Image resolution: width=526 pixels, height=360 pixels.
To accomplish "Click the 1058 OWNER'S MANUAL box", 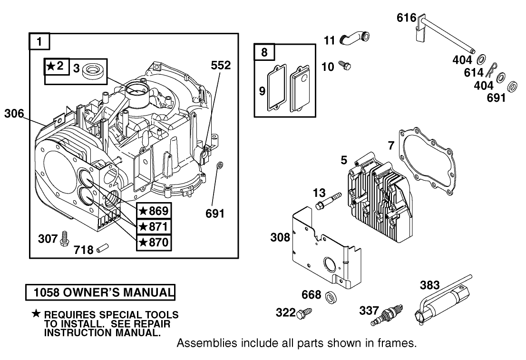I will point(100,292).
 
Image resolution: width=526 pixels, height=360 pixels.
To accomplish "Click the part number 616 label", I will point(407,19).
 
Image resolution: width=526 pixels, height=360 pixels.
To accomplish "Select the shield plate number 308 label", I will point(280,236).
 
